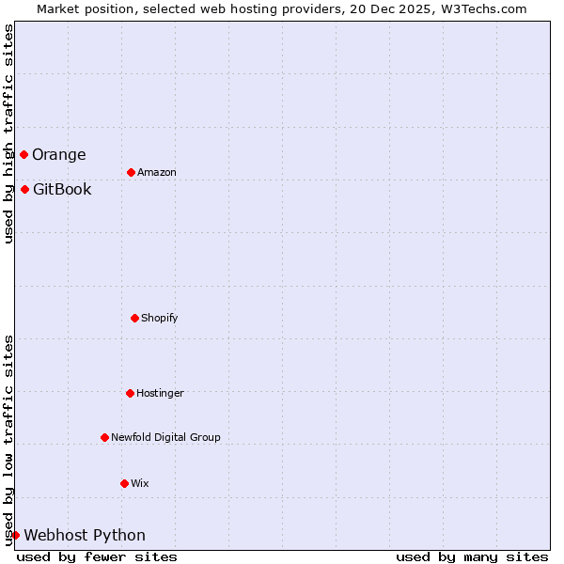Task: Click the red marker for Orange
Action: pos(23,154)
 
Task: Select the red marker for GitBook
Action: pos(24,189)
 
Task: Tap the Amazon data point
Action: pos(131,172)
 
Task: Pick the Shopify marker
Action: pos(134,318)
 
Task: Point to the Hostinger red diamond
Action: pos(130,393)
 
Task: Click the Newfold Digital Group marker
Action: pos(104,437)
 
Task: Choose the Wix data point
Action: pos(124,483)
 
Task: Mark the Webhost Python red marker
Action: pos(15,535)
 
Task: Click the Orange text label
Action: pos(58,155)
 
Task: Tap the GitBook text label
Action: pos(62,190)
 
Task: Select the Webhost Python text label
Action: pos(85,536)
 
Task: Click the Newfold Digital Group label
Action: pos(165,438)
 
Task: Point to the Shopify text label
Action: pos(159,319)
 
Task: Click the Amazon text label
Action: pos(156,173)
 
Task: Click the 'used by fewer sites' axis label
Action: pos(97,556)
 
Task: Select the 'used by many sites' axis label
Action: pos(472,556)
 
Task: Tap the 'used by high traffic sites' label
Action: pos(8,134)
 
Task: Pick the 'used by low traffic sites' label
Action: pos(8,440)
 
